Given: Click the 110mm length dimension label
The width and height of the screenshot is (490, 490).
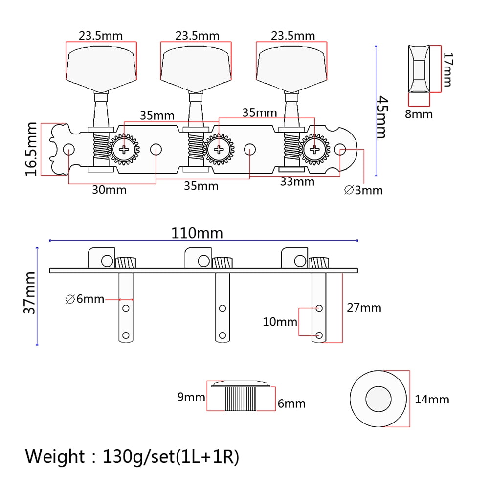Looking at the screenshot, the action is (197, 233).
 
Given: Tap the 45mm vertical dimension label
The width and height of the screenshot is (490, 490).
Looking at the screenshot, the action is (382, 117).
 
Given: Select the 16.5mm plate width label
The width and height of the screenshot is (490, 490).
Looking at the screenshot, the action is (31, 149).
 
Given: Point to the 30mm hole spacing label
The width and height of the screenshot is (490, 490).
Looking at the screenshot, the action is (109, 190).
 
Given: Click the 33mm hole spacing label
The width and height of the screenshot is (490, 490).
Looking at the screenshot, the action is (297, 181).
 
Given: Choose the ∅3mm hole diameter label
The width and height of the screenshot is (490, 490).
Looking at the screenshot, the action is (363, 190).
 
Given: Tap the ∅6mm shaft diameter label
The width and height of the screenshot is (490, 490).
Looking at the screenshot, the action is (85, 299).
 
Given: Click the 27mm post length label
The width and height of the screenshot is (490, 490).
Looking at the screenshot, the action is (364, 308).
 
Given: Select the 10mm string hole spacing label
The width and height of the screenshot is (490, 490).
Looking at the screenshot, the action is (280, 322).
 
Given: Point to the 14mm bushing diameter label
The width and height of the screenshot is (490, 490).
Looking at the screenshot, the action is (432, 400).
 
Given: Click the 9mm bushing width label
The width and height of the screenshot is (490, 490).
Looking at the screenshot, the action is (191, 397).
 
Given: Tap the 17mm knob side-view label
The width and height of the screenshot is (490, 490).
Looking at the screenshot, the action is (448, 69).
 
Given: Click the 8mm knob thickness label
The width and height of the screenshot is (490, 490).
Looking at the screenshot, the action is (419, 114).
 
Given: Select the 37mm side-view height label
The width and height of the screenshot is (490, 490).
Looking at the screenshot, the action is (30, 293).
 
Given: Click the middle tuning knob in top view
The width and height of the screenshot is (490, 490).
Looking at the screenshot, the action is (196, 69).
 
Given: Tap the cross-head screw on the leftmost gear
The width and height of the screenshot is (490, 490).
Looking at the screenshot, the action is (124, 149).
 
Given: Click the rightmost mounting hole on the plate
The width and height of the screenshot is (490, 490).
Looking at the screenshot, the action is (340, 149).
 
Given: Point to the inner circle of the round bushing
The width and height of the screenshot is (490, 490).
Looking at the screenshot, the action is (379, 399).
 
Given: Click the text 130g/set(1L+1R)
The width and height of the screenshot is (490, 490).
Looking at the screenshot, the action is (171, 457).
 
